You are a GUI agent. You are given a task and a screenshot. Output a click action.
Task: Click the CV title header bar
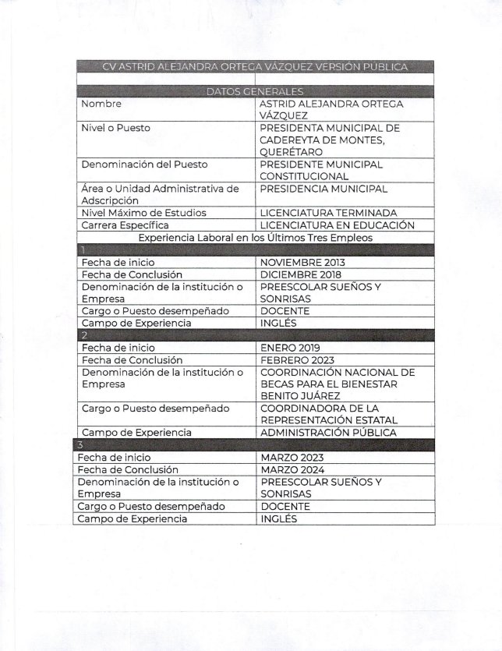pos(255,67)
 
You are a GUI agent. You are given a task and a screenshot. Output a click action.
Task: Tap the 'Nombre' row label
pos(101,104)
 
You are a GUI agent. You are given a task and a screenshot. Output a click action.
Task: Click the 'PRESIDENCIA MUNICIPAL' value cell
pos(323,189)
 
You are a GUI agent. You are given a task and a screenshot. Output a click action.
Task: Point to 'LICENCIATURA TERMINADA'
pos(328,213)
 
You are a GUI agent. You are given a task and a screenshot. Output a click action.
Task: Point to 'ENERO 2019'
pos(291,348)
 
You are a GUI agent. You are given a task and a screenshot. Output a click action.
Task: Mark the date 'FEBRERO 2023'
pos(297,360)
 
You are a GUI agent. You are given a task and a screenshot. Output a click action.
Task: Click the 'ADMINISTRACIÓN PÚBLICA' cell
pos(328,432)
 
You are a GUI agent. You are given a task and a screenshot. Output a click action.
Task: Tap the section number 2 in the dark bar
pos(81,335)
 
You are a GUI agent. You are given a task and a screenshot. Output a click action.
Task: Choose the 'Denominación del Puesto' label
pos(144,165)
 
